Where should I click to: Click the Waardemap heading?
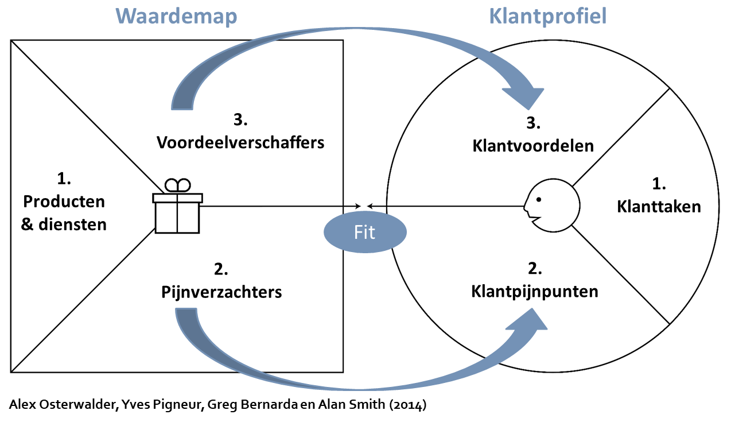coord(176,16)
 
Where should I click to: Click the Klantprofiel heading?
coord(548,16)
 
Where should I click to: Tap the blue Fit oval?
coord(365,233)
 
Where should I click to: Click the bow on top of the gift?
coord(177,185)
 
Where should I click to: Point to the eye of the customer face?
coord(539,200)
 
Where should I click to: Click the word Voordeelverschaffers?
coord(240,142)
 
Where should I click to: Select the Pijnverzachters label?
coord(221,292)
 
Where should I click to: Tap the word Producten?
coord(64,202)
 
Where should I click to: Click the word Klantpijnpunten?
coord(535,291)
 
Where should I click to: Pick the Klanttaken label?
coord(659,206)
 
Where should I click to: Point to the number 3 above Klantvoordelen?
coord(533,123)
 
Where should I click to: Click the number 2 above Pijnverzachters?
coord(221,269)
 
